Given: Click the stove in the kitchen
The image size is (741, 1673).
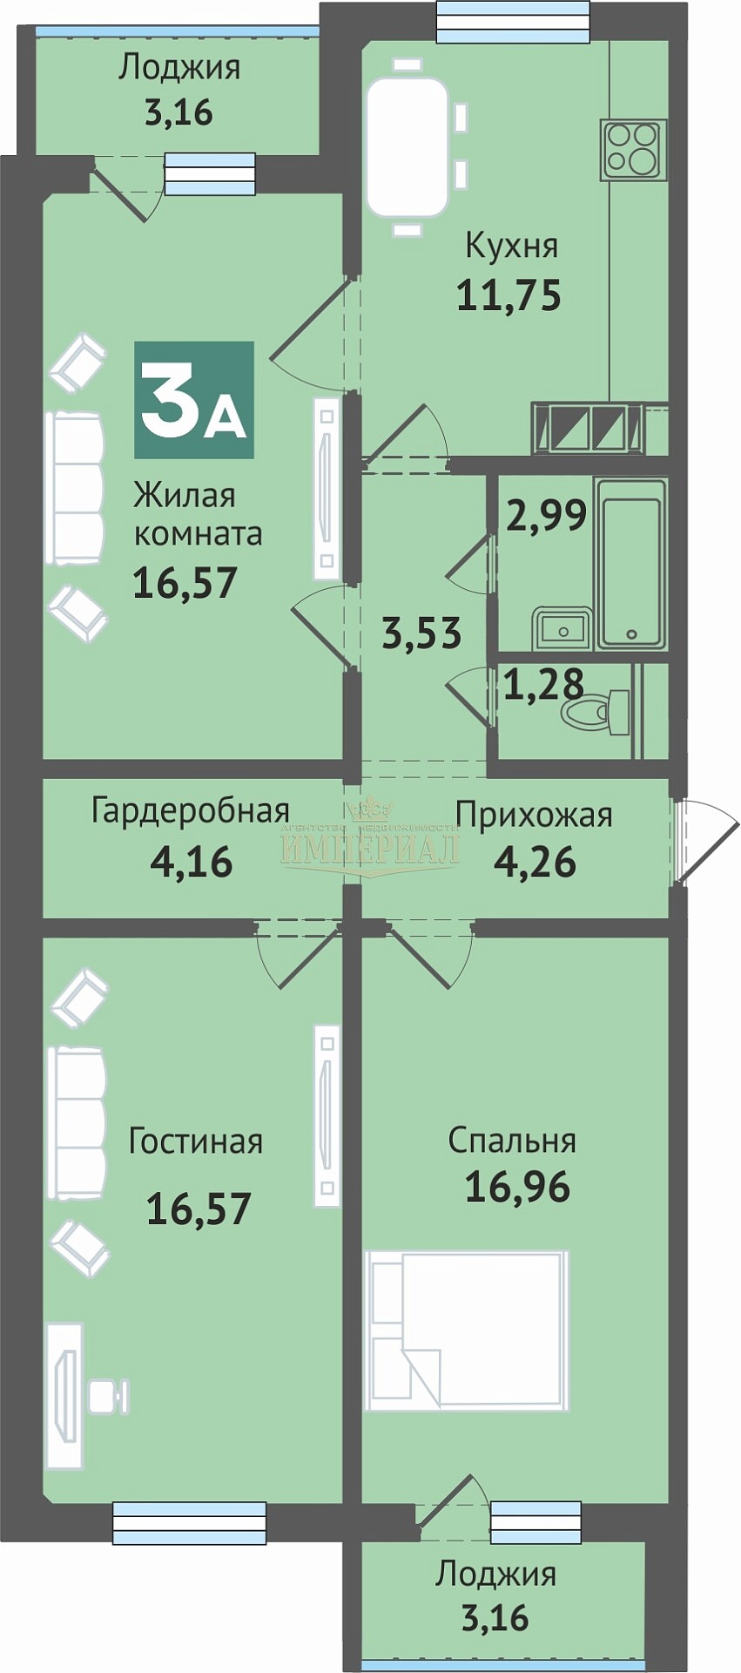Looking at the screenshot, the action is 632,150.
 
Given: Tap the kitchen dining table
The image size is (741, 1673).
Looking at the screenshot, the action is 407,147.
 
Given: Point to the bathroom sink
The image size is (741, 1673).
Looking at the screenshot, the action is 563,627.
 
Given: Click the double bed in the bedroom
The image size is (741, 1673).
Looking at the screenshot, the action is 466,1330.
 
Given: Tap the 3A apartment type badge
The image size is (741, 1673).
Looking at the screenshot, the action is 194,400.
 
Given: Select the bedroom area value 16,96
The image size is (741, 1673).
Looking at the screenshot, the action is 517,1186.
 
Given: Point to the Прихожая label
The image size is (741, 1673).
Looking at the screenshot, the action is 534,816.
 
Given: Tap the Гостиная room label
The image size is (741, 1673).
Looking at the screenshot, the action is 196,1141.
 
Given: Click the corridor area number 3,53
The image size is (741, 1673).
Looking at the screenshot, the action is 421,633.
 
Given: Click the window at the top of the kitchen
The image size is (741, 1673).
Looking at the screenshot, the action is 512,22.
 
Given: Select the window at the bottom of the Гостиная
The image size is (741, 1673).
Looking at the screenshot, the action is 190,1522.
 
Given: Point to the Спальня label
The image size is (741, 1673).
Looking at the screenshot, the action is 512,1141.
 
